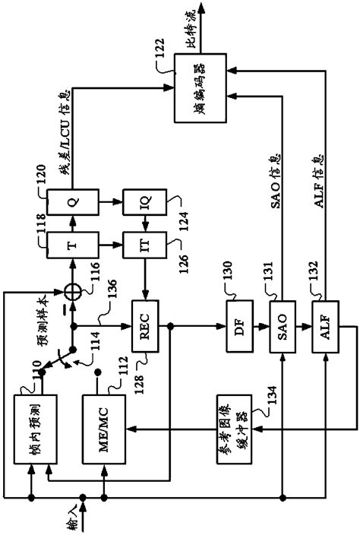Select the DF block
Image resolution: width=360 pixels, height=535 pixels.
pyautogui.click(x=241, y=328)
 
